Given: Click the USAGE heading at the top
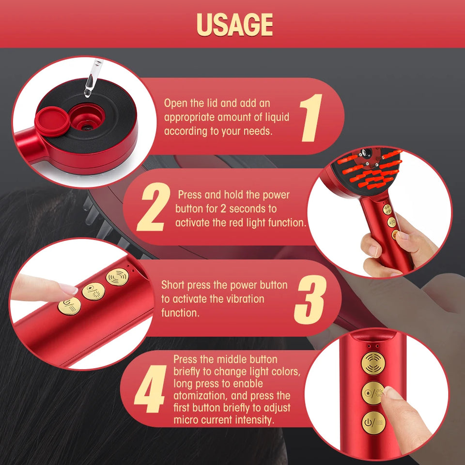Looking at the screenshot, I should pos(234,24).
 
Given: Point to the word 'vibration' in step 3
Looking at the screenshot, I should pos(240,299).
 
